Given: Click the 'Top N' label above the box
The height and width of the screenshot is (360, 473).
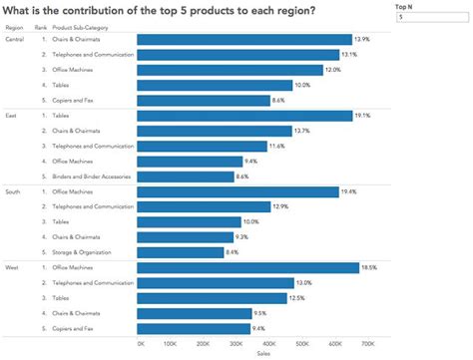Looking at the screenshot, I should (x=404, y=6).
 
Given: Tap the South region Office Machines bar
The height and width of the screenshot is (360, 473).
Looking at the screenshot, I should (x=237, y=190).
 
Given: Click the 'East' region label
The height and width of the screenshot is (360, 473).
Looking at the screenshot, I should (x=11, y=115).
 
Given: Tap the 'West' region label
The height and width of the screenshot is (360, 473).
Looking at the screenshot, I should (x=12, y=267).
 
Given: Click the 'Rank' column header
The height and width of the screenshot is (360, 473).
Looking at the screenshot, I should (x=40, y=27).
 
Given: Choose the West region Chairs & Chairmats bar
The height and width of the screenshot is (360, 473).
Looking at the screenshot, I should (x=193, y=312).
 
